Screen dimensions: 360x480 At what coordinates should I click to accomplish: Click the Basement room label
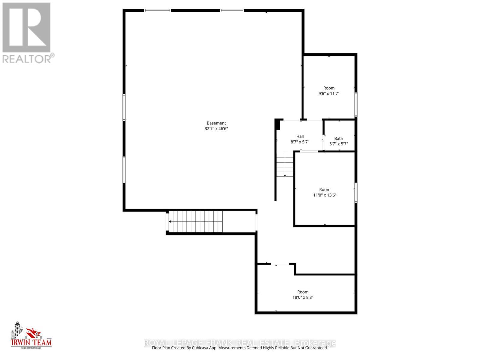(216, 123)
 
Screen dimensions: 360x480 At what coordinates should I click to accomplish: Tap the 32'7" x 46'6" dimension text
(216, 129)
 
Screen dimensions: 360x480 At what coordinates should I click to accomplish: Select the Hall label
(300, 136)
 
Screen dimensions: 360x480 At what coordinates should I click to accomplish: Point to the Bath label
(338, 138)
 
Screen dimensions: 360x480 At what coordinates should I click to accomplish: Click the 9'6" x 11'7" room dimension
(329, 94)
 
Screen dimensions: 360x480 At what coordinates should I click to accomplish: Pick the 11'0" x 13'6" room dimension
(325, 195)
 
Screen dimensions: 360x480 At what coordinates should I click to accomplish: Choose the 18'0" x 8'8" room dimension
(303, 297)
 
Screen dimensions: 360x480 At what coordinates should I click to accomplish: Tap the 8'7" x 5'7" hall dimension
(300, 142)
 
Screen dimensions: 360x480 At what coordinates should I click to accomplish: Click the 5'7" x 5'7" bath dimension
(338, 144)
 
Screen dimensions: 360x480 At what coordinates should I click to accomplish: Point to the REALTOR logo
(28, 33)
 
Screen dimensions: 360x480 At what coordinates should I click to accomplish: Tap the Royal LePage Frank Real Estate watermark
(240, 343)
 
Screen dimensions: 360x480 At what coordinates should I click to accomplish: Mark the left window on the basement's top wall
(157, 10)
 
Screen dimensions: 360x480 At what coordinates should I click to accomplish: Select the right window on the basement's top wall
(232, 10)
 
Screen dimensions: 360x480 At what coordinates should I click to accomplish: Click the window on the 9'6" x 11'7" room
(356, 104)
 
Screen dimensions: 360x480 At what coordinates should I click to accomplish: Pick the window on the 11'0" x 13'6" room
(356, 192)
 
